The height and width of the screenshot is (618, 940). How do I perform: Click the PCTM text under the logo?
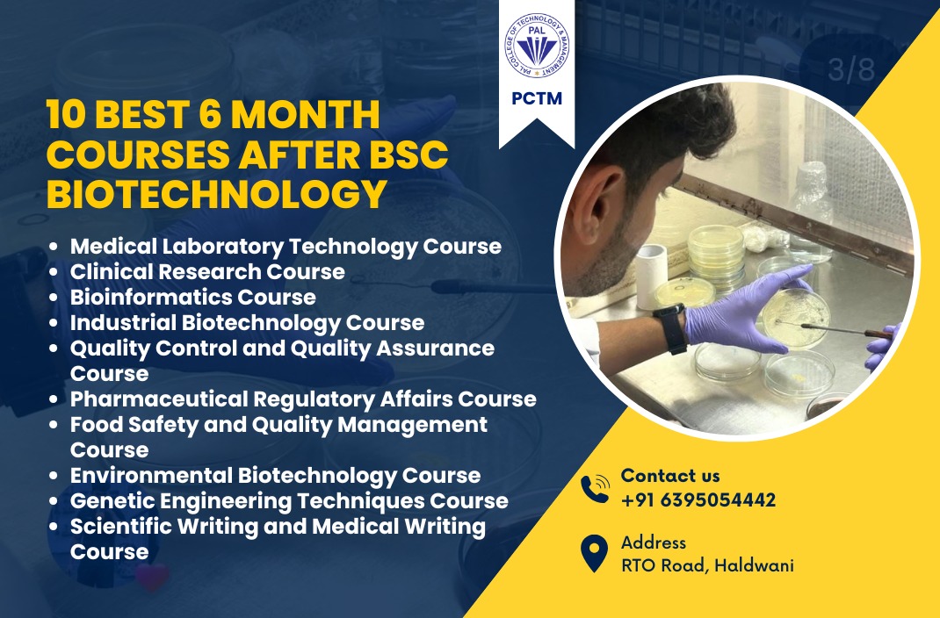tap(537, 98)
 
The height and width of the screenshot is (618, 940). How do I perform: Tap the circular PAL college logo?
tap(537, 46)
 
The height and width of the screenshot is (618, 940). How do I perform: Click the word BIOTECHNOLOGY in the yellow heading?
tap(216, 194)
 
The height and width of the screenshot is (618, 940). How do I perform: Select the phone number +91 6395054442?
tap(698, 500)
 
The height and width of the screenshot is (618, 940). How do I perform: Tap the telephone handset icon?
tap(595, 489)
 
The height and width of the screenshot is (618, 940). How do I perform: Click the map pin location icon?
tap(594, 553)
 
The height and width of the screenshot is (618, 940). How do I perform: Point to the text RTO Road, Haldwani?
tap(707, 565)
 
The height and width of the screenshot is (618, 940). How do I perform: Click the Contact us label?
tap(670, 476)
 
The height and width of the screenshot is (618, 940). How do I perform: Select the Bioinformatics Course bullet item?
tap(193, 297)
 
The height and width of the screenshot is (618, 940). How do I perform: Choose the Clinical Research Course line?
tap(207, 271)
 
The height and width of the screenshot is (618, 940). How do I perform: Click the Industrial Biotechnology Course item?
tap(247, 322)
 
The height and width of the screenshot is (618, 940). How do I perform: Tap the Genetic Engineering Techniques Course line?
tap(289, 500)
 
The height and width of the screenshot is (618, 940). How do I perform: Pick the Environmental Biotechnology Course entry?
tap(275, 475)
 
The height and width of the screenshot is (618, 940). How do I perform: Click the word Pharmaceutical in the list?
tap(159, 399)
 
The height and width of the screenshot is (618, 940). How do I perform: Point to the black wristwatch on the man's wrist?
tap(671, 329)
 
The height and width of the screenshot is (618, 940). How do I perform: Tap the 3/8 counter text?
tap(851, 69)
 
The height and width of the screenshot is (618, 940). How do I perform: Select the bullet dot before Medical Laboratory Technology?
tap(54, 246)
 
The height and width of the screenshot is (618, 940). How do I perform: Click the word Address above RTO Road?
tap(654, 543)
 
